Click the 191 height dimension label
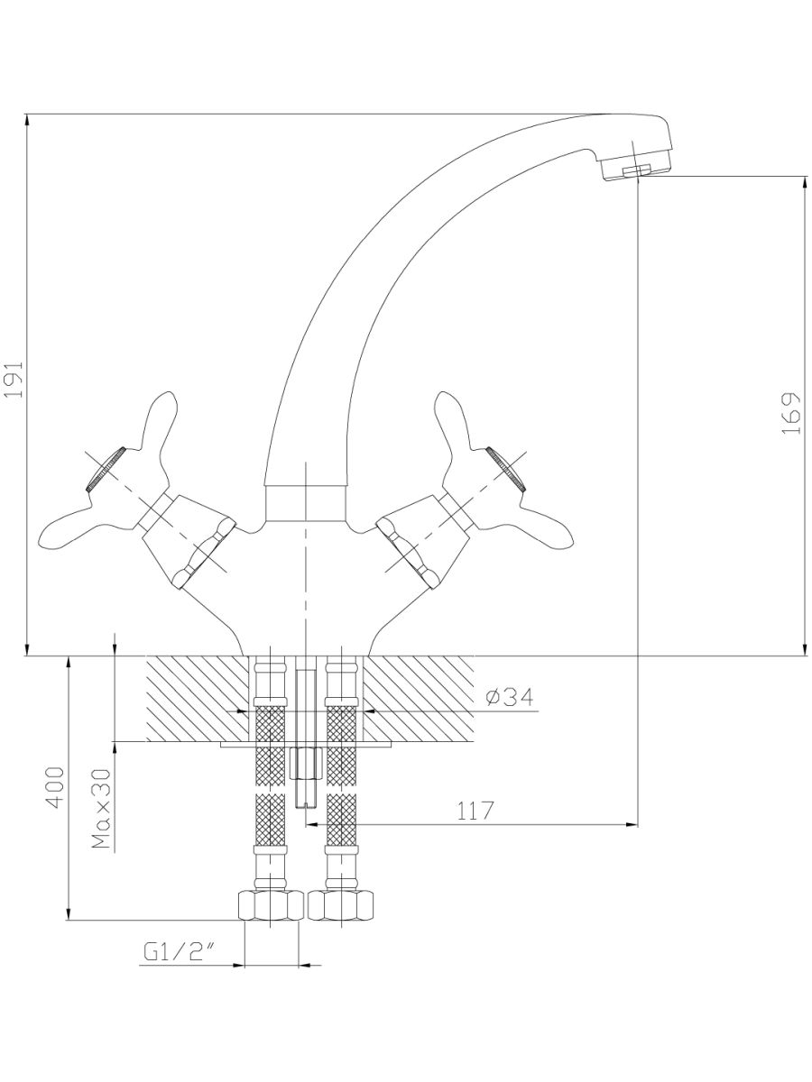tap(14, 381)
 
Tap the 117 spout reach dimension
tap(475, 811)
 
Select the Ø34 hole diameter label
tap(509, 698)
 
